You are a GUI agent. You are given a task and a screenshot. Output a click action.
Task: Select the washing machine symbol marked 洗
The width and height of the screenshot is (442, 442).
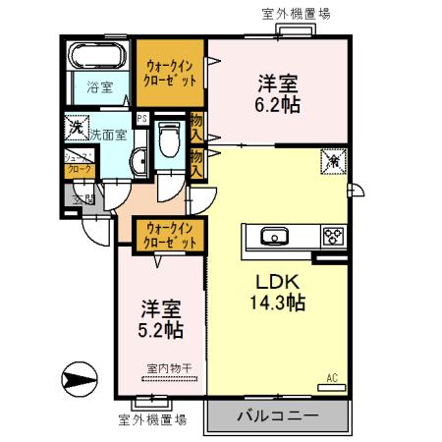click(x=76, y=127)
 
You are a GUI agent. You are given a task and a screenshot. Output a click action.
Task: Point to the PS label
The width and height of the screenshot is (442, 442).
click(x=142, y=121)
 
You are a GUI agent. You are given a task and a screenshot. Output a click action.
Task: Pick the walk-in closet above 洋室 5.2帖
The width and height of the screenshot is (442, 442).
click(x=170, y=235)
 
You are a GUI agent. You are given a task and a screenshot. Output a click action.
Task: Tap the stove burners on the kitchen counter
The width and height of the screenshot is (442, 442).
click(x=332, y=236)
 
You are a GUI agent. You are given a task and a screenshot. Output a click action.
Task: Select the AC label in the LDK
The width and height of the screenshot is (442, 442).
click(x=331, y=376)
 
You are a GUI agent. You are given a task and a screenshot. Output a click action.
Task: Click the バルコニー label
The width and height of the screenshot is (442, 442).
click(x=277, y=416)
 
